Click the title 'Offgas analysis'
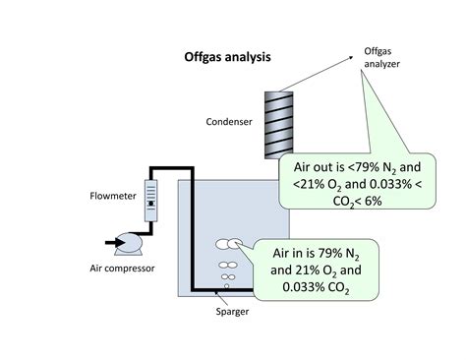pos(227,56)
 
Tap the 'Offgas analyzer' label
pos(383,60)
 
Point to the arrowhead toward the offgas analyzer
pos(352,60)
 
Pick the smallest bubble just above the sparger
pos(227,285)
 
